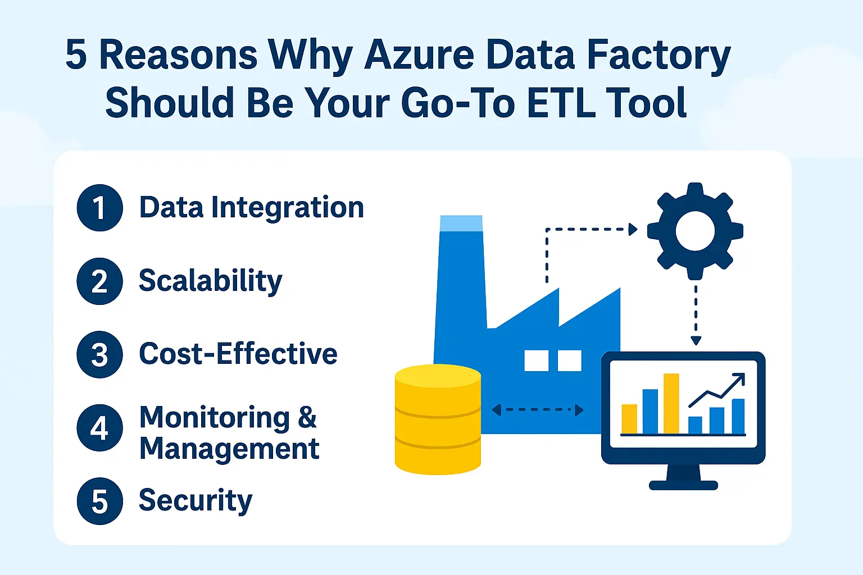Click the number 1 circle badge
(99, 208)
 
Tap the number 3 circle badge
(99, 354)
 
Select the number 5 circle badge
(99, 501)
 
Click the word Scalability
(210, 281)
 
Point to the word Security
(196, 500)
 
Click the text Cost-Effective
(238, 354)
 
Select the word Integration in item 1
(288, 208)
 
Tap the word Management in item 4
(229, 449)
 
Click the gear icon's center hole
(695, 231)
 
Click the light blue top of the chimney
(461, 223)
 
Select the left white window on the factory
(536, 360)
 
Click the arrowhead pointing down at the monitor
(696, 340)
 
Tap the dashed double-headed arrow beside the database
(537, 410)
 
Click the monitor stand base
(683, 485)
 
